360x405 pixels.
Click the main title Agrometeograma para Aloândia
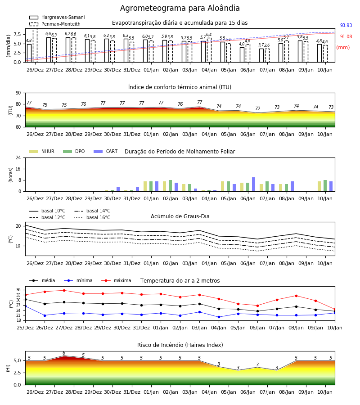[180, 8]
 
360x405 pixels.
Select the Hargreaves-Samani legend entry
[57, 17]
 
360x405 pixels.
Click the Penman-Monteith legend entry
[55, 24]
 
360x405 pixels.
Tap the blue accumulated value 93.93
[346, 25]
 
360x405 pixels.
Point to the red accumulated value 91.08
[346, 37]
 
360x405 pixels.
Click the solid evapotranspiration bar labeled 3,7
[261, 55]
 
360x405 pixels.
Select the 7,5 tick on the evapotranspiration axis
[17, 34]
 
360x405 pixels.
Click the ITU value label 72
[257, 108]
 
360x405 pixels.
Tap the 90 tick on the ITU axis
[18, 93]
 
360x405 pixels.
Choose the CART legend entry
[105, 151]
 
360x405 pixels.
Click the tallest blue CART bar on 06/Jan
[254, 184]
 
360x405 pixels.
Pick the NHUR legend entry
[42, 151]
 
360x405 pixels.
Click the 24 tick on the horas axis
[18, 157]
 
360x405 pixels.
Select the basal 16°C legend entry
[92, 217]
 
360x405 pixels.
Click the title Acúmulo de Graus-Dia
[180, 216]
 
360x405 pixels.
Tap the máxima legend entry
[116, 280]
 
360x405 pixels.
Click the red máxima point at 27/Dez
[64, 290]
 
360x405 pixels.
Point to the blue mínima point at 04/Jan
[219, 317]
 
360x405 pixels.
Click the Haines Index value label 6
[64, 353]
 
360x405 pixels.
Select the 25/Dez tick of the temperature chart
[25, 328]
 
